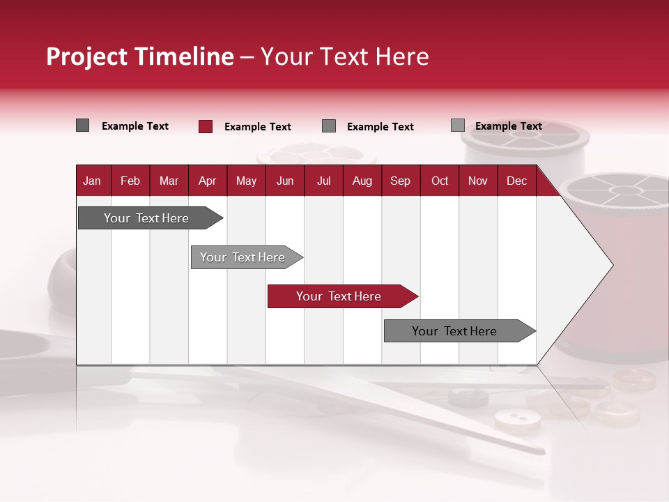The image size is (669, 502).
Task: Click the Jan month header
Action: point(92,181)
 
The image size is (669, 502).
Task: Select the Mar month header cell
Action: point(169,181)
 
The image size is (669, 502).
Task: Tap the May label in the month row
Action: point(246,181)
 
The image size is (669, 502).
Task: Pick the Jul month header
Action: point(323,181)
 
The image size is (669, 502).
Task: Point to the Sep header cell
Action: point(400,181)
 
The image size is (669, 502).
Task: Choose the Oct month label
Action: point(440,181)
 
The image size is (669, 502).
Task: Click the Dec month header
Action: point(516,181)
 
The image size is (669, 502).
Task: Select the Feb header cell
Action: point(130,181)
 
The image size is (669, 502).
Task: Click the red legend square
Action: point(206,126)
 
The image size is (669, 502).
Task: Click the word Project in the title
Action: point(87,56)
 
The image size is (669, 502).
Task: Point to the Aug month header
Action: point(362,181)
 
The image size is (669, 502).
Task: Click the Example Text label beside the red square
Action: point(258,127)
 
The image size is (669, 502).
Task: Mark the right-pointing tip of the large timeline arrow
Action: point(611,265)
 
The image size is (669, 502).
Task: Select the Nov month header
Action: point(478,181)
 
